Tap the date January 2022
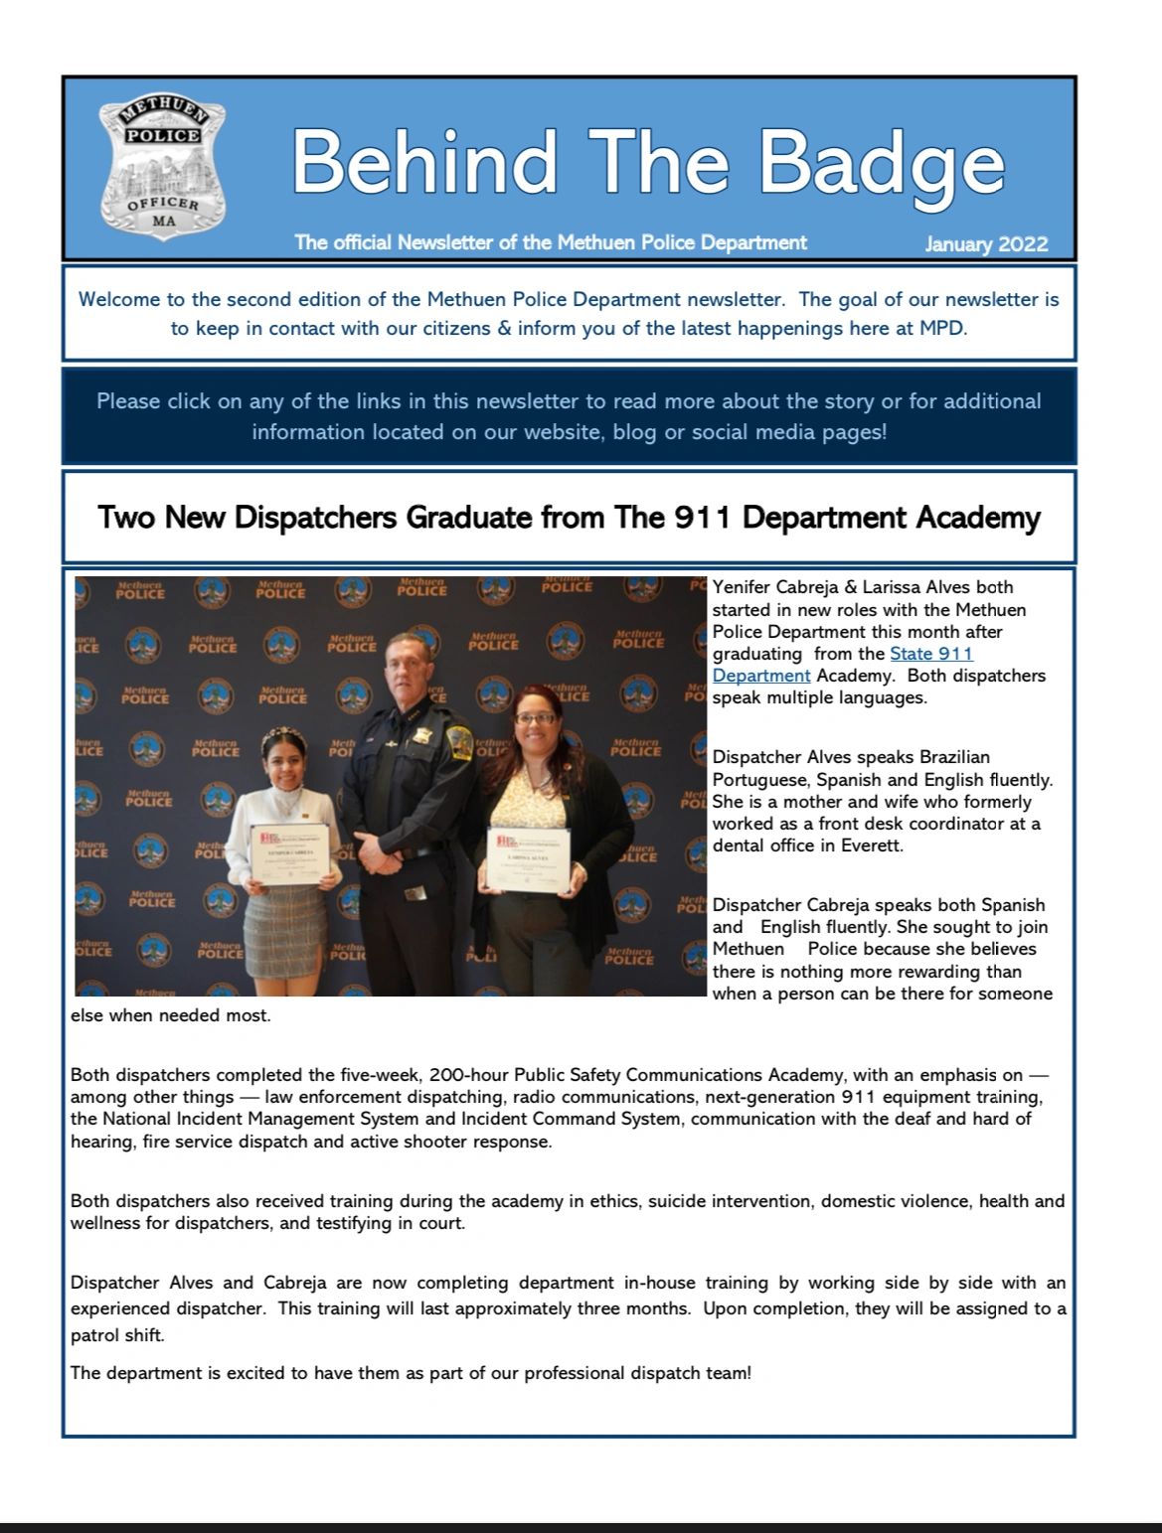point(985,244)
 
